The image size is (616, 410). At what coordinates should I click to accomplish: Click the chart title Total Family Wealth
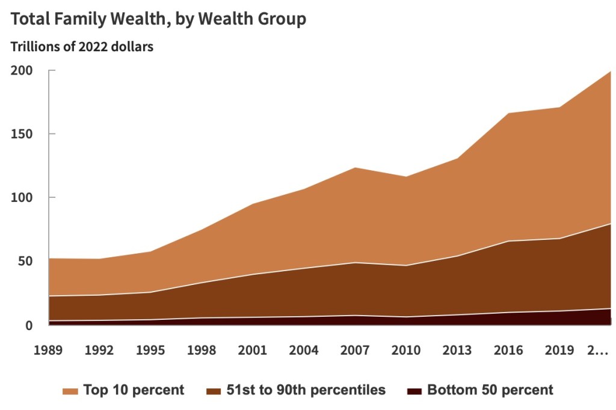tap(90, 19)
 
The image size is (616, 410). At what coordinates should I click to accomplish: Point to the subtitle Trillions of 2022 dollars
tap(82, 47)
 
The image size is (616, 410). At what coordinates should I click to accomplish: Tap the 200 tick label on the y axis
tap(22, 71)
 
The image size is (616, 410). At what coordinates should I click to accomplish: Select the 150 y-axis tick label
tap(22, 134)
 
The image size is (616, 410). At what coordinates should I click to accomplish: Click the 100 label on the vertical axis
tap(22, 198)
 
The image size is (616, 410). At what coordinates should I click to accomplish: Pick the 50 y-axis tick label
tap(25, 261)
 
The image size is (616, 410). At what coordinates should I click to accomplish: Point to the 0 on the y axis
tap(29, 325)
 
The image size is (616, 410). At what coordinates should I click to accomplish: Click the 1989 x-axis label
tap(48, 350)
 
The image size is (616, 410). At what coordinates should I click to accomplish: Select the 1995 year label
tap(150, 350)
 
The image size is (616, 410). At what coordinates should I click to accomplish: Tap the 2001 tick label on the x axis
tap(252, 350)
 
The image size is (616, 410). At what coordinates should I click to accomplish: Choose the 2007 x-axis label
tap(355, 350)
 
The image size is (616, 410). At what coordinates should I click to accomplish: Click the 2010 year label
tap(406, 350)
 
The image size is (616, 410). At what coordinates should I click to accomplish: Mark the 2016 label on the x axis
tap(508, 350)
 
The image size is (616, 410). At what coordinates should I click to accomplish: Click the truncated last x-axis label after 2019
tap(597, 350)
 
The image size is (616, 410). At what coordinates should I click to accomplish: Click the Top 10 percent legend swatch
tap(70, 391)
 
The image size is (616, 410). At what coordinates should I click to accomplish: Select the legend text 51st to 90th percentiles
tap(306, 390)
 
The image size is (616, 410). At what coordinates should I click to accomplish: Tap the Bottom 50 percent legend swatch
tap(414, 391)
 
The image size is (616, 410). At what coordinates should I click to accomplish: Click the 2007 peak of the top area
tap(355, 168)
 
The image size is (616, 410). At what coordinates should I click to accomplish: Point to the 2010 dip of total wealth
tap(406, 177)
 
